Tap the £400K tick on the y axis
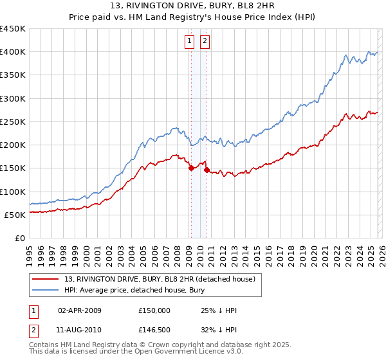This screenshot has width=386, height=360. [13, 52]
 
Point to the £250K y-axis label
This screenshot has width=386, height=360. [13, 122]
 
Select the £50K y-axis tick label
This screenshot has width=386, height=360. [15, 215]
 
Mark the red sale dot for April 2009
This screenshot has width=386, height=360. [191, 168]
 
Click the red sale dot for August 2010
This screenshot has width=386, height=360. [207, 170]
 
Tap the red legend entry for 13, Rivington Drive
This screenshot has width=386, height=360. [160, 278]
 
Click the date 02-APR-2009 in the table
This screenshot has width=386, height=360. [79, 310]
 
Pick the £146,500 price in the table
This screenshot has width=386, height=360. [154, 331]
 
